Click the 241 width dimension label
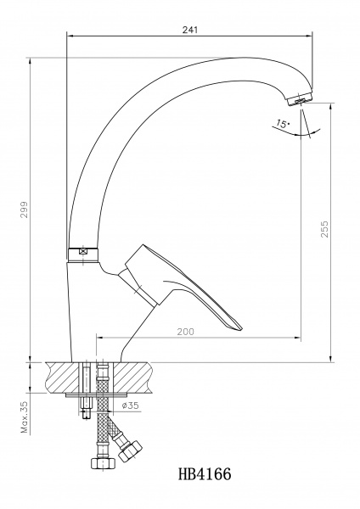pos(189,30)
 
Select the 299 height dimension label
pos(25,210)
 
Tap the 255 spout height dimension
pos(324,229)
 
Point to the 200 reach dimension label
pos(185,332)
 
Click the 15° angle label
pos(282,124)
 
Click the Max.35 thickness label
pos(25,417)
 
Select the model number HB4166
pos(205,474)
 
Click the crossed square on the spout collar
pos(83,251)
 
